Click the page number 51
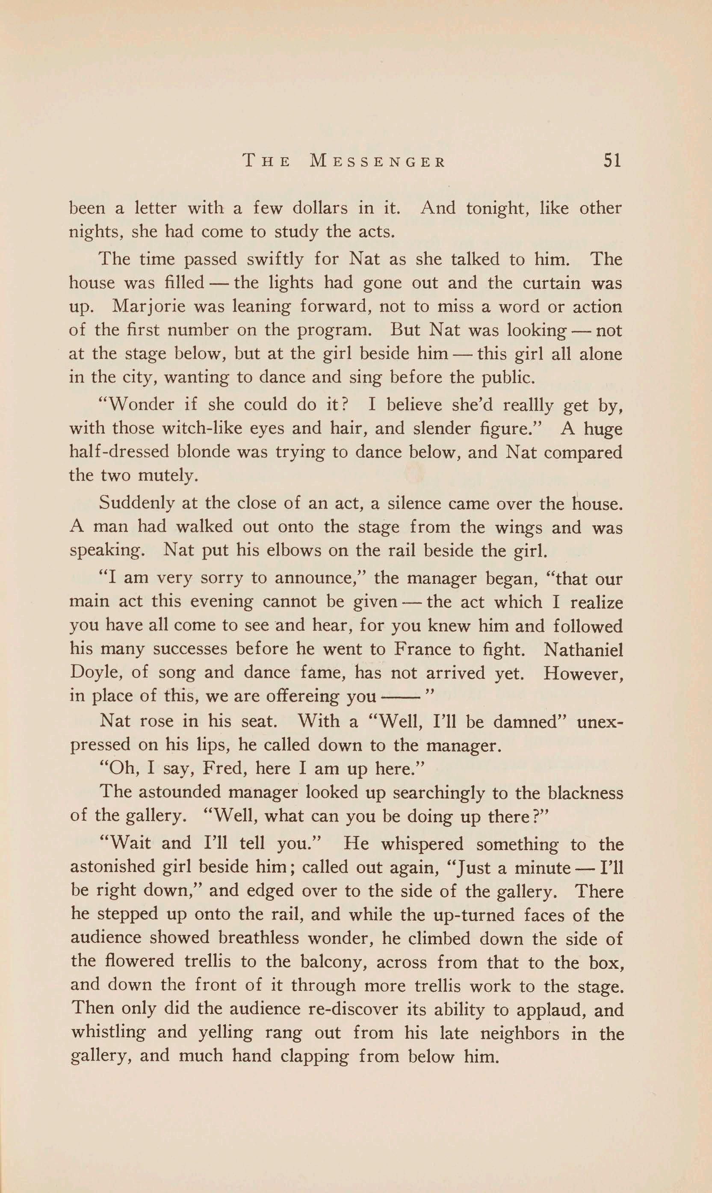(612, 160)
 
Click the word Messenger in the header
(378, 161)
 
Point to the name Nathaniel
(584, 650)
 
